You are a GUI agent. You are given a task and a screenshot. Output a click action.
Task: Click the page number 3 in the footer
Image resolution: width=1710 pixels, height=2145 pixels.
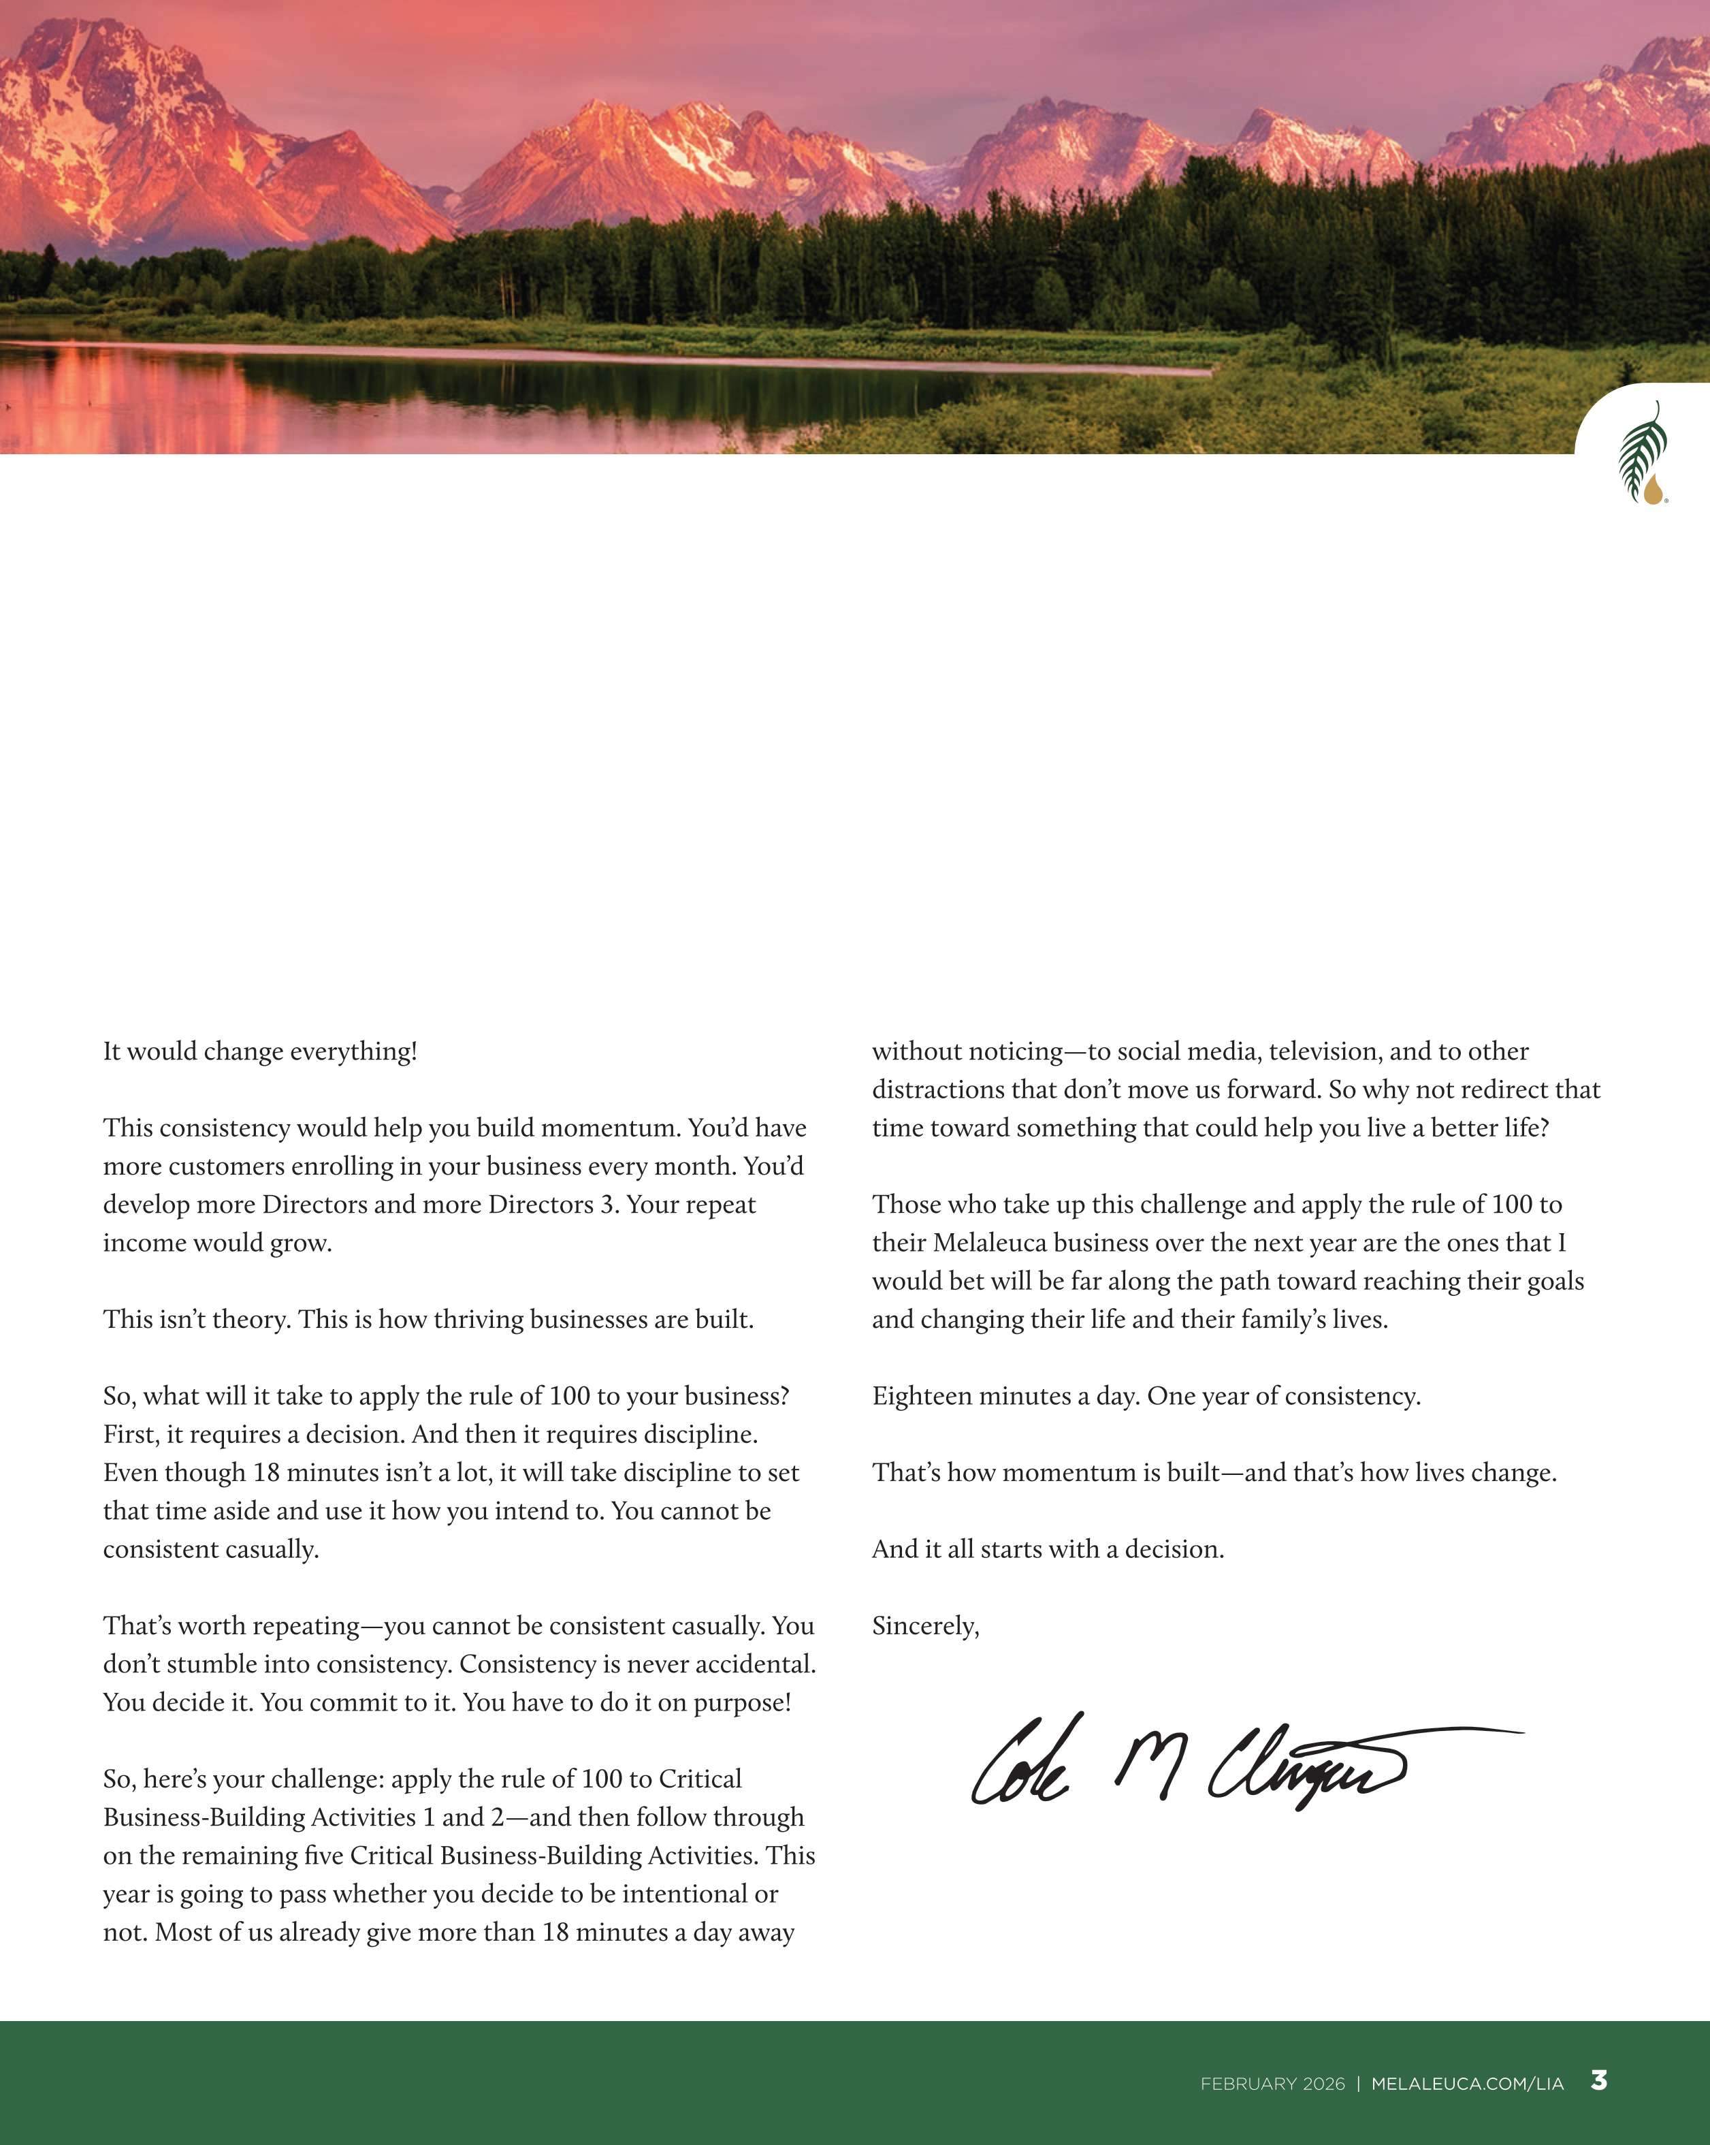tap(1598, 2080)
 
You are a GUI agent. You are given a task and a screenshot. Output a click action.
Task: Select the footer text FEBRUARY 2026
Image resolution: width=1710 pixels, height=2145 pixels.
tap(1272, 2083)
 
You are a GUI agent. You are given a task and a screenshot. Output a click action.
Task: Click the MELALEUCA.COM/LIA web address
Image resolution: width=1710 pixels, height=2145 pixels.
tap(1467, 2083)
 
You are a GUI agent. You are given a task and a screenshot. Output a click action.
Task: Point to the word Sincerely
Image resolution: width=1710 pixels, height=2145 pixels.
tap(925, 1625)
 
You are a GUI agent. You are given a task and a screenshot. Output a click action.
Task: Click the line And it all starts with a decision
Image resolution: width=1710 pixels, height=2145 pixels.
tap(1048, 1549)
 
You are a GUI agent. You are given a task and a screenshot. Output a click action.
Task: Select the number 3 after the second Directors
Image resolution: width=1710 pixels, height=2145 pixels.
tap(606, 1205)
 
